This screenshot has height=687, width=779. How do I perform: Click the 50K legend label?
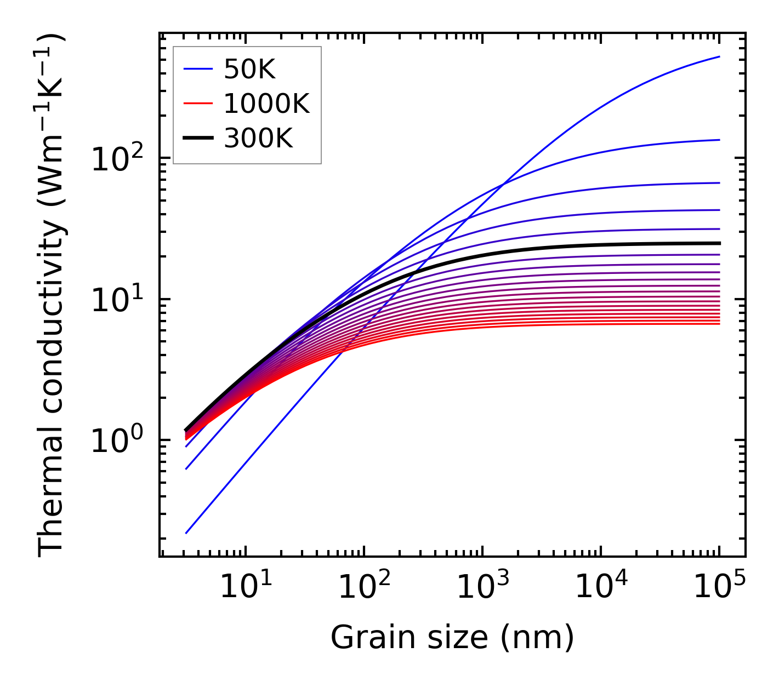click(249, 70)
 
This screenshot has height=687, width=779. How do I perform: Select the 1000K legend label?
click(266, 104)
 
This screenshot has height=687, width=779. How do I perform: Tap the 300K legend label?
click(258, 139)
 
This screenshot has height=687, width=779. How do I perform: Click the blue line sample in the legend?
click(197, 70)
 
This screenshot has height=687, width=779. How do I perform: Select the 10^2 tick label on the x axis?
click(364, 587)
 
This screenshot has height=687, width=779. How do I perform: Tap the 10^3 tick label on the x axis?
click(482, 587)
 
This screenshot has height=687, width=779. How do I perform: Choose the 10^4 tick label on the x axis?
click(601, 587)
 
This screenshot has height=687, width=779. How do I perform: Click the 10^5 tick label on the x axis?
click(719, 587)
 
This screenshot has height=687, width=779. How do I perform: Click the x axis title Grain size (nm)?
click(452, 638)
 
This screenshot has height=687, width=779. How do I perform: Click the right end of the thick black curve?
click(719, 243)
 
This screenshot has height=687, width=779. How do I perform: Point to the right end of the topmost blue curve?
click(719, 56)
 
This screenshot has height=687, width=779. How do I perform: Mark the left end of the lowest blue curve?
click(186, 533)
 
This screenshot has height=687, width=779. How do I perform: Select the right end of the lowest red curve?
click(719, 324)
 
